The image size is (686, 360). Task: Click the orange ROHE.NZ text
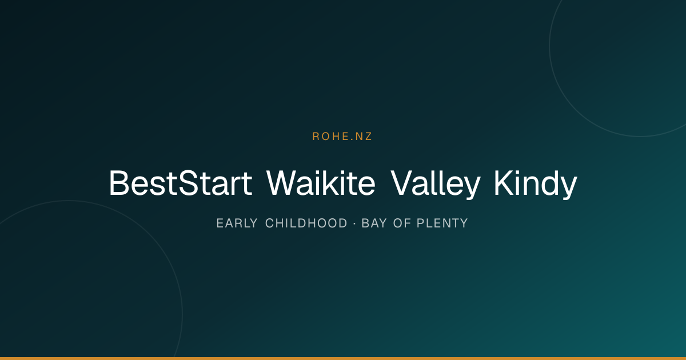click(x=342, y=136)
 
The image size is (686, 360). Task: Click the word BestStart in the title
click(x=181, y=183)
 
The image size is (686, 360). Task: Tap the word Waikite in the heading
click(x=321, y=183)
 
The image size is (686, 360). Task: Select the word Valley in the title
click(x=435, y=185)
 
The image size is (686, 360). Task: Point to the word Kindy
click(x=536, y=185)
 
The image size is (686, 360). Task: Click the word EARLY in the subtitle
click(x=237, y=223)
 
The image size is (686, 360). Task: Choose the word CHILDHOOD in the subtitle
click(x=306, y=223)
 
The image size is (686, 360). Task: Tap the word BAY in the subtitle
click(x=374, y=223)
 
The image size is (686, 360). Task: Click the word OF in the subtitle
click(x=402, y=223)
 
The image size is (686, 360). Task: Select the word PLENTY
click(x=442, y=223)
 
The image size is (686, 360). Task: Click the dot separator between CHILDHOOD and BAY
click(x=354, y=223)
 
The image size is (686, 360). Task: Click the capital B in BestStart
click(x=118, y=183)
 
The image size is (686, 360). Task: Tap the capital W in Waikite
click(x=281, y=183)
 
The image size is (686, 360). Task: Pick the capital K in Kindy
click(x=504, y=183)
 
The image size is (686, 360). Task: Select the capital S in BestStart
click(x=188, y=183)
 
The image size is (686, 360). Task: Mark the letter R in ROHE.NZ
click(x=316, y=136)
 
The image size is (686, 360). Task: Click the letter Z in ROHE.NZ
click(x=368, y=136)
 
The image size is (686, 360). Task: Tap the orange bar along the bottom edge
click(x=343, y=358)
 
